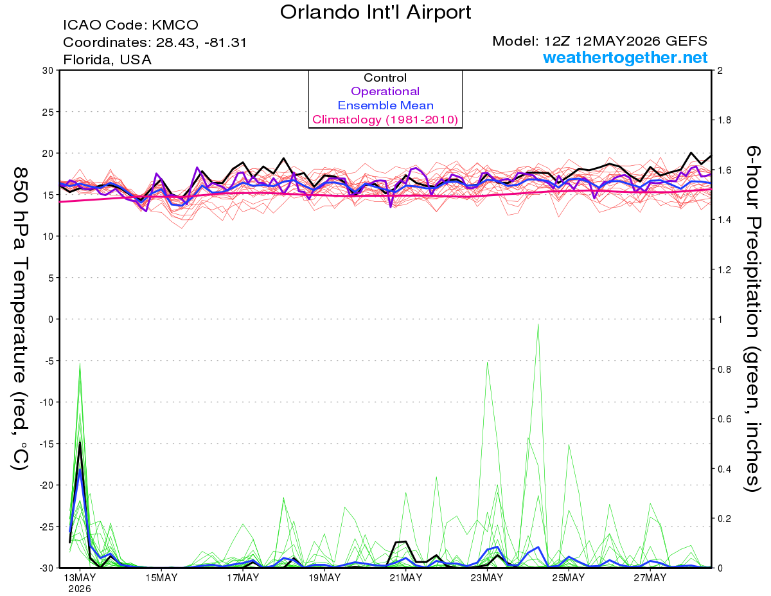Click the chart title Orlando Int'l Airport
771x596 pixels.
point(375,12)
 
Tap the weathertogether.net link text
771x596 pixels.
point(625,57)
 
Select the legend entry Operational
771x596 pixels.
point(385,91)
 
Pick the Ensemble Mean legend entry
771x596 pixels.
point(385,105)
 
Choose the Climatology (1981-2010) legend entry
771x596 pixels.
point(385,120)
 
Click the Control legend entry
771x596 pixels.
point(385,78)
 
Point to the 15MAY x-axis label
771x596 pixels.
point(161,578)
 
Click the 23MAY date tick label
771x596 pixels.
point(487,578)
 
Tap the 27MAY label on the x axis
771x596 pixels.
point(650,578)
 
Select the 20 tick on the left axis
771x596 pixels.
point(48,154)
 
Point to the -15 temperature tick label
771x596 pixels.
point(46,444)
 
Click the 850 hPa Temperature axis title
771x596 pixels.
point(20,318)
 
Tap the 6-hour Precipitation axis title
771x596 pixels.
point(752,318)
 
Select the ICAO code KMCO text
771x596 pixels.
point(130,25)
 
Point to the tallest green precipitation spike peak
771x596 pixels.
point(538,325)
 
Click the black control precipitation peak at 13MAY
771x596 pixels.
point(80,442)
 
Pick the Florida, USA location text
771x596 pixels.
point(107,60)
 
